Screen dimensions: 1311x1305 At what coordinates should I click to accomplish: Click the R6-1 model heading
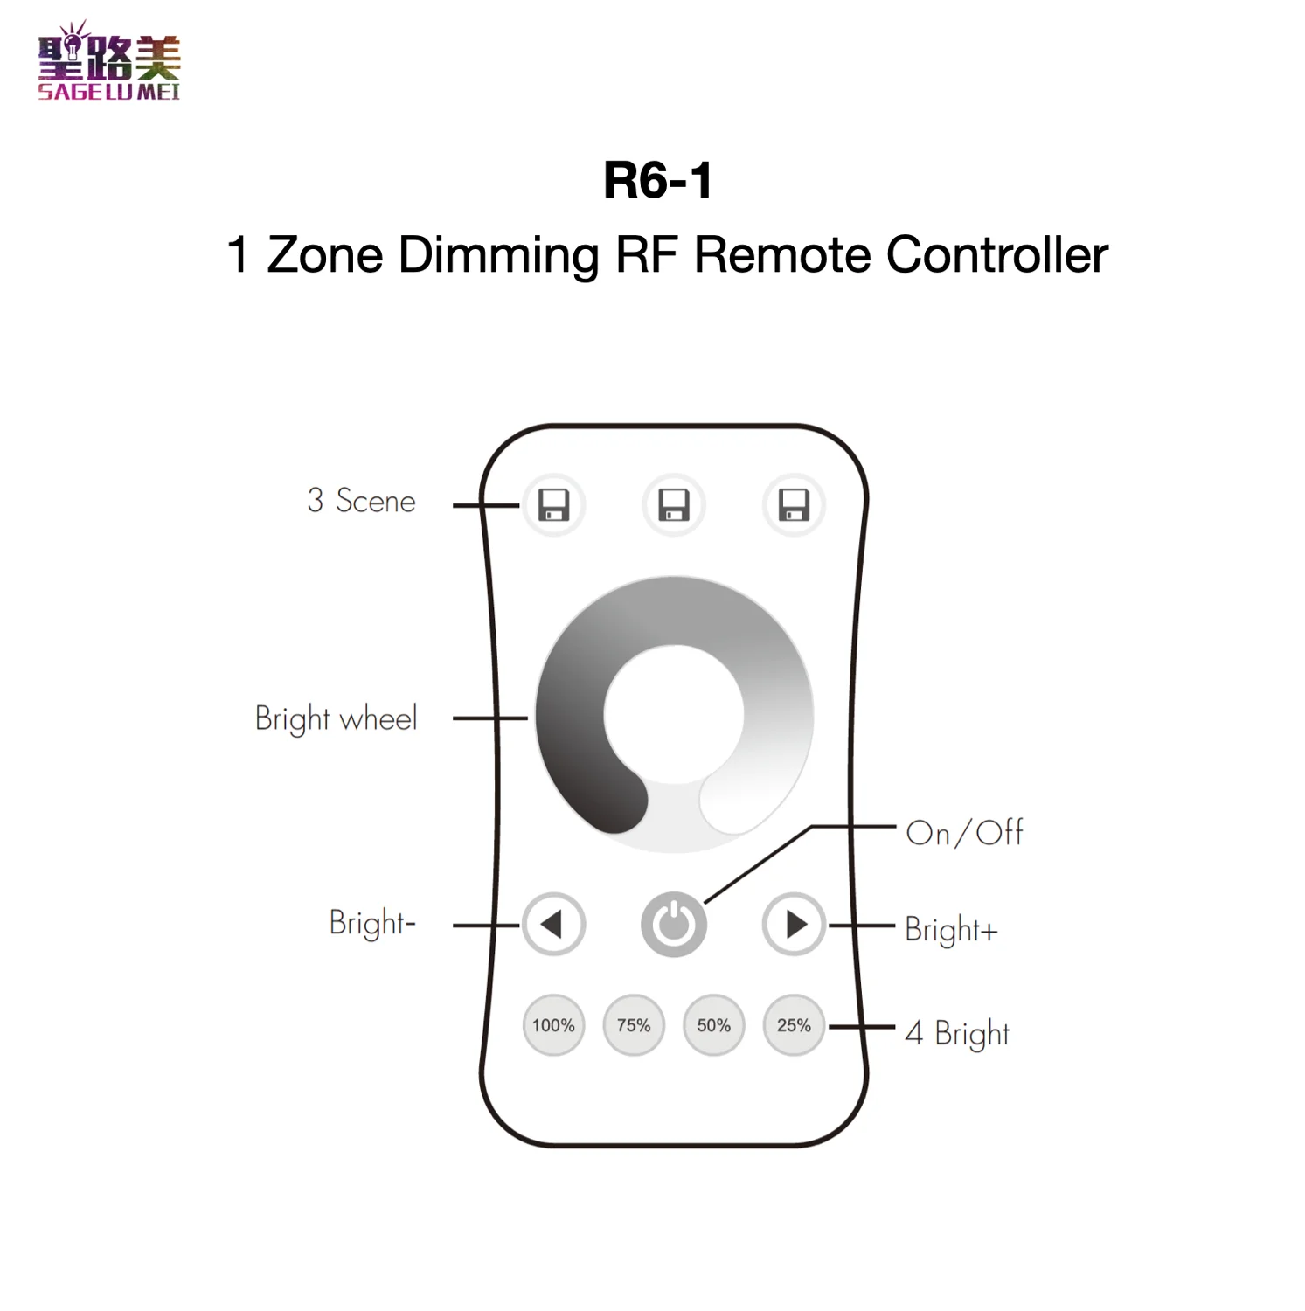click(657, 181)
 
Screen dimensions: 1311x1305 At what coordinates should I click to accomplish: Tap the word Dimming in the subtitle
click(498, 255)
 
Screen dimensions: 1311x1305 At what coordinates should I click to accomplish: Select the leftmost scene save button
click(553, 505)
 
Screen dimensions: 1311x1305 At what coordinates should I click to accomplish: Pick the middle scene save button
click(674, 505)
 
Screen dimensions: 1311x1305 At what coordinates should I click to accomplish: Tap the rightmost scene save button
click(794, 505)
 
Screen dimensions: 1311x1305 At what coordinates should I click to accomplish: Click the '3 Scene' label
click(361, 501)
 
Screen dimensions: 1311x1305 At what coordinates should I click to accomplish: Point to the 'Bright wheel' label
click(337, 718)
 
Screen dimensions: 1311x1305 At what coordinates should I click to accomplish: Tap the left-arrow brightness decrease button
click(553, 924)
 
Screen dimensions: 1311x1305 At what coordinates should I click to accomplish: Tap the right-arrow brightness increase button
click(794, 924)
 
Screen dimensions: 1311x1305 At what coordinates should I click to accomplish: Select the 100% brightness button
click(553, 1025)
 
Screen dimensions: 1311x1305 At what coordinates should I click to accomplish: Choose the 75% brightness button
click(634, 1025)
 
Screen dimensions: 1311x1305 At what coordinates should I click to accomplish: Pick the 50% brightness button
click(713, 1025)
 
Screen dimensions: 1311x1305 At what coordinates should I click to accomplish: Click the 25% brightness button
click(794, 1025)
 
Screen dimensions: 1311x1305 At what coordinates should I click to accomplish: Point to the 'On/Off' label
click(964, 833)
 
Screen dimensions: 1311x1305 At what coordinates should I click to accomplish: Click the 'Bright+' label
click(951, 929)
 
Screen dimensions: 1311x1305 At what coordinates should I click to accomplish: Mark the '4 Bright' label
click(957, 1034)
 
